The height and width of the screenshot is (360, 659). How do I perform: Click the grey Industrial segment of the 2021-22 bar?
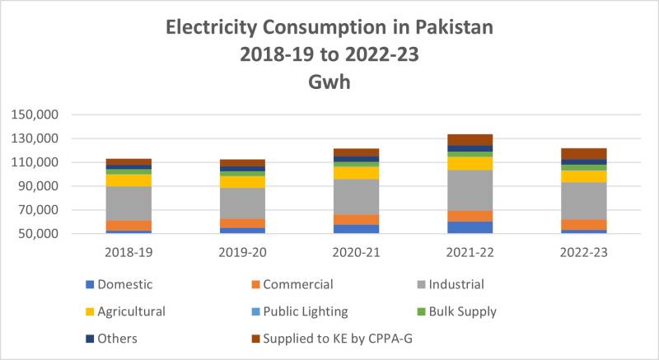(470, 190)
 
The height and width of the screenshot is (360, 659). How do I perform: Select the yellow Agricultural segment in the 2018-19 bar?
(129, 180)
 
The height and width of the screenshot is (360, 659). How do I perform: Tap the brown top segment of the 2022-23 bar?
(584, 154)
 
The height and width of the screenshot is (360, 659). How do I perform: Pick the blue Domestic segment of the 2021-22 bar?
(470, 227)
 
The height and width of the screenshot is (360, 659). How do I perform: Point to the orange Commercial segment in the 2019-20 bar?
(242, 223)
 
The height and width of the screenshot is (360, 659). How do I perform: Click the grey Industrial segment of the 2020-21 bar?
(357, 197)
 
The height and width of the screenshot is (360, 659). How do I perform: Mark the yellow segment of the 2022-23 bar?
(584, 176)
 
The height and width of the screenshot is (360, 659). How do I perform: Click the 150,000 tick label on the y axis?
(35, 115)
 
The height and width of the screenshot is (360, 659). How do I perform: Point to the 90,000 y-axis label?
(38, 186)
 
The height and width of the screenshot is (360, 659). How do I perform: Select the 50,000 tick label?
(38, 234)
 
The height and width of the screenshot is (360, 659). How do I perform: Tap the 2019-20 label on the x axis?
(242, 252)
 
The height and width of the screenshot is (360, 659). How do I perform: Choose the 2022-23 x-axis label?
(584, 252)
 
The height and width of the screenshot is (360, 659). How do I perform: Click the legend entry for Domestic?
(119, 284)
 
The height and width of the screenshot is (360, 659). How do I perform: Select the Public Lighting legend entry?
(300, 311)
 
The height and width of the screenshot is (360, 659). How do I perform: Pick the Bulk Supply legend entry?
(457, 311)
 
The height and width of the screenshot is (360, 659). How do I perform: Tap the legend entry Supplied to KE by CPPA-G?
(332, 339)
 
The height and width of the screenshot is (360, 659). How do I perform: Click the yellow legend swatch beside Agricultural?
(90, 311)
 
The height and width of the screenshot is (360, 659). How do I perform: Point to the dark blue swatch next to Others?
(90, 339)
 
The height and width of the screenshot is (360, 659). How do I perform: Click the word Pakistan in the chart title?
(455, 27)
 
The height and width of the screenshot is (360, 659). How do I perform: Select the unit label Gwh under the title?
(329, 82)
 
